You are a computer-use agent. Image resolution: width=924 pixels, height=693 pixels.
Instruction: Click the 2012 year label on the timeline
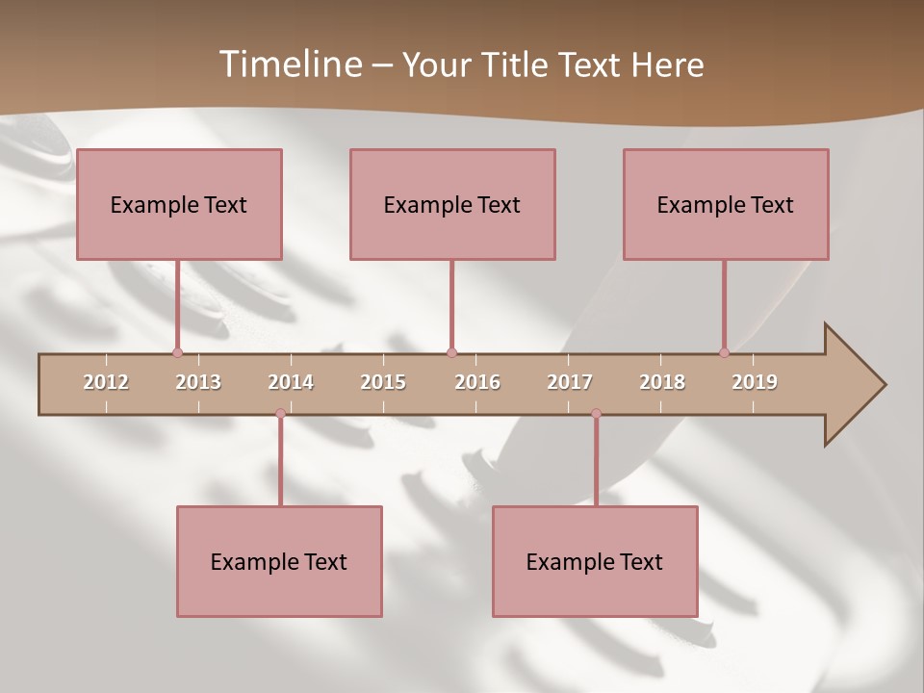click(x=106, y=382)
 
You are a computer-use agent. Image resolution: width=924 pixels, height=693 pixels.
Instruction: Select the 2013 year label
click(x=198, y=382)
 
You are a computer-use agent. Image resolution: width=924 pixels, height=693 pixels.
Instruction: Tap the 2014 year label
click(x=291, y=382)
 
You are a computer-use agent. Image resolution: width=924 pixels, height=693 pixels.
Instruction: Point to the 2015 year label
click(x=383, y=382)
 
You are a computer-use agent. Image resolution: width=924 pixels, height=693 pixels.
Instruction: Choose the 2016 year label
click(x=477, y=382)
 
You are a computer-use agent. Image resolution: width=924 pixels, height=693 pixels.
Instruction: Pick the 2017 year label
click(x=570, y=382)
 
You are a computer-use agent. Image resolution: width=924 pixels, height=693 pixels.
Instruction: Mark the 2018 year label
click(x=662, y=382)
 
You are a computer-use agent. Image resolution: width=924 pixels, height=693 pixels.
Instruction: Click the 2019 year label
click(x=755, y=382)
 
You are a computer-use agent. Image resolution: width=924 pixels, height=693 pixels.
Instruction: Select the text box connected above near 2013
click(x=179, y=204)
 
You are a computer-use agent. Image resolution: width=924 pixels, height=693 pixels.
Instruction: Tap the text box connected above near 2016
click(x=452, y=204)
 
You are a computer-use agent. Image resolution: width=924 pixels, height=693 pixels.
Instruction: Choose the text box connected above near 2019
click(x=726, y=204)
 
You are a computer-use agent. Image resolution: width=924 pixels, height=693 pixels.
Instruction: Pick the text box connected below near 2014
click(x=279, y=561)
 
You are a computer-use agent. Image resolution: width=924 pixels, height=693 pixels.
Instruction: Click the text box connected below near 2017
click(x=595, y=561)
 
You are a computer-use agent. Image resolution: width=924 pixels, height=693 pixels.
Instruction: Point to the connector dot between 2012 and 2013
click(x=177, y=353)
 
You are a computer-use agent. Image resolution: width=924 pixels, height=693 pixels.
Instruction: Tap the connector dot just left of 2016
click(x=451, y=353)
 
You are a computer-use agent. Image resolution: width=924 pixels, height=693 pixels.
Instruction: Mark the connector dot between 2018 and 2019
click(x=725, y=353)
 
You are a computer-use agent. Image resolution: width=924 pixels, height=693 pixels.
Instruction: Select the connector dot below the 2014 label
click(x=280, y=414)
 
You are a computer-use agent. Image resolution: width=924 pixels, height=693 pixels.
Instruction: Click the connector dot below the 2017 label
click(x=596, y=414)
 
